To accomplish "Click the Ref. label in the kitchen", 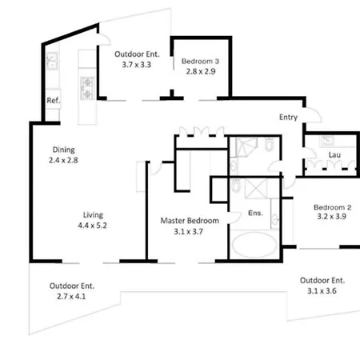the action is [x=54, y=100].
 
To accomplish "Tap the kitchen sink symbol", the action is [x=52, y=61].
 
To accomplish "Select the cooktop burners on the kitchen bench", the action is [x=87, y=88].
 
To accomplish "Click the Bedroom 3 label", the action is [x=200, y=61].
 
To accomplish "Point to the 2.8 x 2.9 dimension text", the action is [x=201, y=71].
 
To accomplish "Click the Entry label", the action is [x=288, y=117].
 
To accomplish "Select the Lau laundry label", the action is [x=334, y=154].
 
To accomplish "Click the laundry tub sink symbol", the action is [x=327, y=141].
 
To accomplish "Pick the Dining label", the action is [x=64, y=150].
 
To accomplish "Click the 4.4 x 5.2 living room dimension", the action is [x=92, y=226].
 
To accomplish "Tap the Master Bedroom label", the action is [x=190, y=221].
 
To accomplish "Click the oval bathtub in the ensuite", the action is [x=254, y=245].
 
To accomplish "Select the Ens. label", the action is [x=255, y=213].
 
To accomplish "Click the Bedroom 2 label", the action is [x=333, y=207].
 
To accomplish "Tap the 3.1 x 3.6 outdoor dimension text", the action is [x=322, y=290].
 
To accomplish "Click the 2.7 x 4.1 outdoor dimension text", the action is [x=71, y=296].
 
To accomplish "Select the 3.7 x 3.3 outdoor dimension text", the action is [x=137, y=65].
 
